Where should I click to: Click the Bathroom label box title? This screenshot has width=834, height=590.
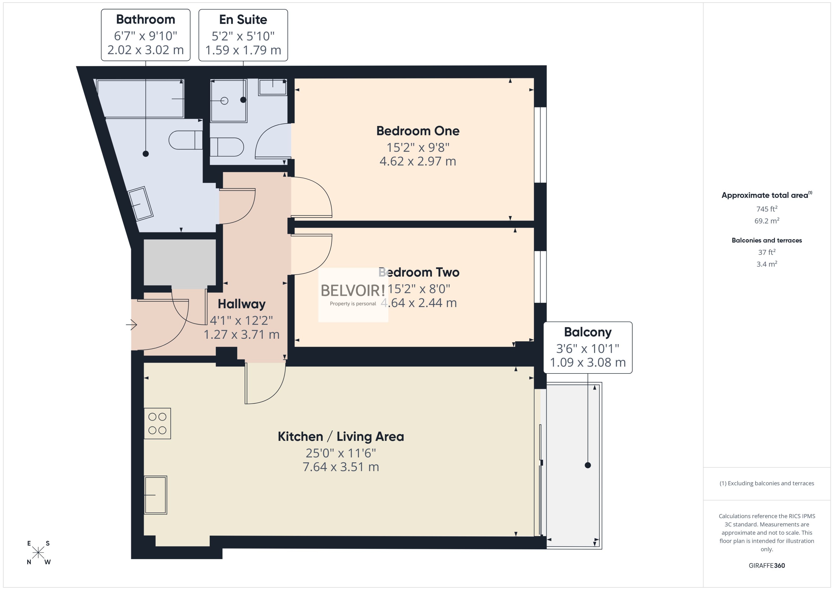[x=145, y=19]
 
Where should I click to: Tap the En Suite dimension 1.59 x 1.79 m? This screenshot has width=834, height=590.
[x=243, y=50]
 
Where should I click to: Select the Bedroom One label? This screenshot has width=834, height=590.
[x=417, y=131]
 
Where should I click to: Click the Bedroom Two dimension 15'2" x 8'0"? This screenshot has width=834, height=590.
[x=419, y=289]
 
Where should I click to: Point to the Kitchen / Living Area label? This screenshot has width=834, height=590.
[x=341, y=436]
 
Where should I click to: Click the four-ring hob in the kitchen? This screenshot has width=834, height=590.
[x=157, y=424]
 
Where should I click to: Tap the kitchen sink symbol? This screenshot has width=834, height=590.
[x=156, y=495]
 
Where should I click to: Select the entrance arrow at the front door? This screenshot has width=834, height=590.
[x=132, y=324]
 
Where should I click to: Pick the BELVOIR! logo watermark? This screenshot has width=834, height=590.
[x=352, y=291]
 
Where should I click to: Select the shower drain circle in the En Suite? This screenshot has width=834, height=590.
[x=224, y=101]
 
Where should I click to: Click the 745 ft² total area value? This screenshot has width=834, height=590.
[x=766, y=209]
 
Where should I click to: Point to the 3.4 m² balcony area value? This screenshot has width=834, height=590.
[x=766, y=264]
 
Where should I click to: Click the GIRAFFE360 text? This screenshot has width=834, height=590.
[x=766, y=565]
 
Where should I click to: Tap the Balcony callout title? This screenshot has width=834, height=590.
[x=588, y=332]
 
